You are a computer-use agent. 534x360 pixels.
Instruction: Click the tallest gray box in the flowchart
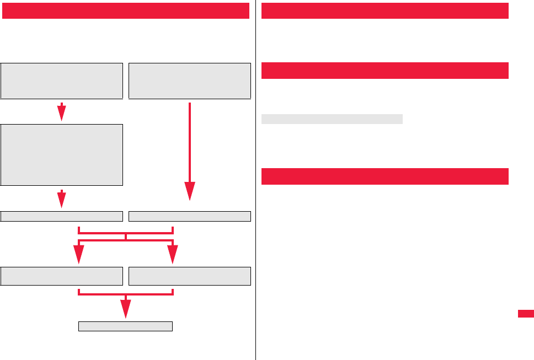[x=62, y=154]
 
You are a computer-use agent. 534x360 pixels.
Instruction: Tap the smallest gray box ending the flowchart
[x=126, y=326]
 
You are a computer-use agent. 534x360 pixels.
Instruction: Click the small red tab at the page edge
[x=526, y=313]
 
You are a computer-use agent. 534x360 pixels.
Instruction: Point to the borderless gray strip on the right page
[x=332, y=119]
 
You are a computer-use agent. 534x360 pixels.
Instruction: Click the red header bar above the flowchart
[x=125, y=10]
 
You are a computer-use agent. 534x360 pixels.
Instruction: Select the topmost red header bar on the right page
[x=385, y=10]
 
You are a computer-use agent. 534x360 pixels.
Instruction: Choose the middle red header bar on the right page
[x=385, y=71]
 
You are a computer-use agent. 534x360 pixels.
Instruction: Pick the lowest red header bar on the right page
[x=385, y=176]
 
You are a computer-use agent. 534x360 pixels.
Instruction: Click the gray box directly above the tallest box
[x=62, y=80]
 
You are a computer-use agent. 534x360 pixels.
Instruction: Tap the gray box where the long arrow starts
[x=190, y=80]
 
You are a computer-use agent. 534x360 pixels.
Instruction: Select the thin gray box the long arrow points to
[x=190, y=216]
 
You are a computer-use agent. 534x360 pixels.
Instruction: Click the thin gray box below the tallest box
[x=62, y=216]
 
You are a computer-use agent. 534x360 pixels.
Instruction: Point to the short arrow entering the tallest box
[x=62, y=112]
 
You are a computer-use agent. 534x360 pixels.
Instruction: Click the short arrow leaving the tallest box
[x=62, y=199]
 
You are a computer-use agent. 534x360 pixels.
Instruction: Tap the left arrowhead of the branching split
[x=79, y=255]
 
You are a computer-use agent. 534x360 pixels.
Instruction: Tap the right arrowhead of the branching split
[x=173, y=255]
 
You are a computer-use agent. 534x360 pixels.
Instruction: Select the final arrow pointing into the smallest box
[x=126, y=309]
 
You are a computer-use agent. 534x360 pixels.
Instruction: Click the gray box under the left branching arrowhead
[x=62, y=276]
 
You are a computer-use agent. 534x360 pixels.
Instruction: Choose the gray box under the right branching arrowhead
[x=190, y=276]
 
